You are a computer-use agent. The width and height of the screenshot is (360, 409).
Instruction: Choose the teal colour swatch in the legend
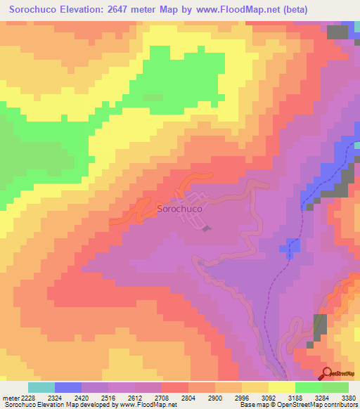click(41, 387)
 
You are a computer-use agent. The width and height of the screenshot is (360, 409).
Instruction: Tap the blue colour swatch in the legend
click(68, 387)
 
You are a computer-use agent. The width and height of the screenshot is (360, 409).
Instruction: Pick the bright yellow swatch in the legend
click(282, 387)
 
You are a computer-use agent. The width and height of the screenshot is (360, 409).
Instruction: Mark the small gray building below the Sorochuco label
click(205, 228)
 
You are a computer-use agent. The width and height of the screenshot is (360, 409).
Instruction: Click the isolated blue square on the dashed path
click(293, 246)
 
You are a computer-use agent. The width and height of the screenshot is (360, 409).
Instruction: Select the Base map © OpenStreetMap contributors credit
click(296, 404)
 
